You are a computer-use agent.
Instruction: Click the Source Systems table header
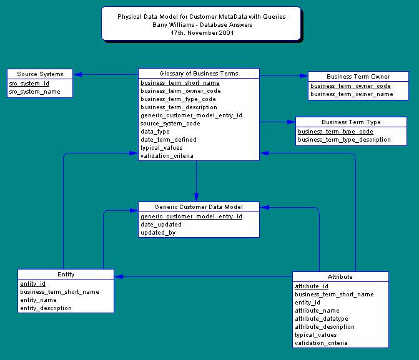pos(40,74)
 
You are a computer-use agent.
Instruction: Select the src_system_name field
pos(34,92)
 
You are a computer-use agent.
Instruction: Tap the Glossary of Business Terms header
pos(198,74)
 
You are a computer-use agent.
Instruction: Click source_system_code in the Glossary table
pos(170,124)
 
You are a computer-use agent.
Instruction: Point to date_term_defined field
pos(168,140)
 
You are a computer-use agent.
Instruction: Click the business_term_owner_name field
pos(352,94)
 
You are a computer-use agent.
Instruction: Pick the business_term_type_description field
pos(344,140)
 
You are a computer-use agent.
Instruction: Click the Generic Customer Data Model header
pos(198,207)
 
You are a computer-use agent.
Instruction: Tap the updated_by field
pos(158,233)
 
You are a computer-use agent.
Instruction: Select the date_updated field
pos(161,225)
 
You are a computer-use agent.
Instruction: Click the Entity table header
pos(66,275)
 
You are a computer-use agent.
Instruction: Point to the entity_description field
pos(46,308)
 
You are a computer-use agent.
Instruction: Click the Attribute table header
pos(340,276)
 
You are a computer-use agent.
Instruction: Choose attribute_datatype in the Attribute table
pos(321,319)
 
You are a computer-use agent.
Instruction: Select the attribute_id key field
pos(311,286)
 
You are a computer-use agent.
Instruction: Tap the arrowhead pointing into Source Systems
pos(77,75)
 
